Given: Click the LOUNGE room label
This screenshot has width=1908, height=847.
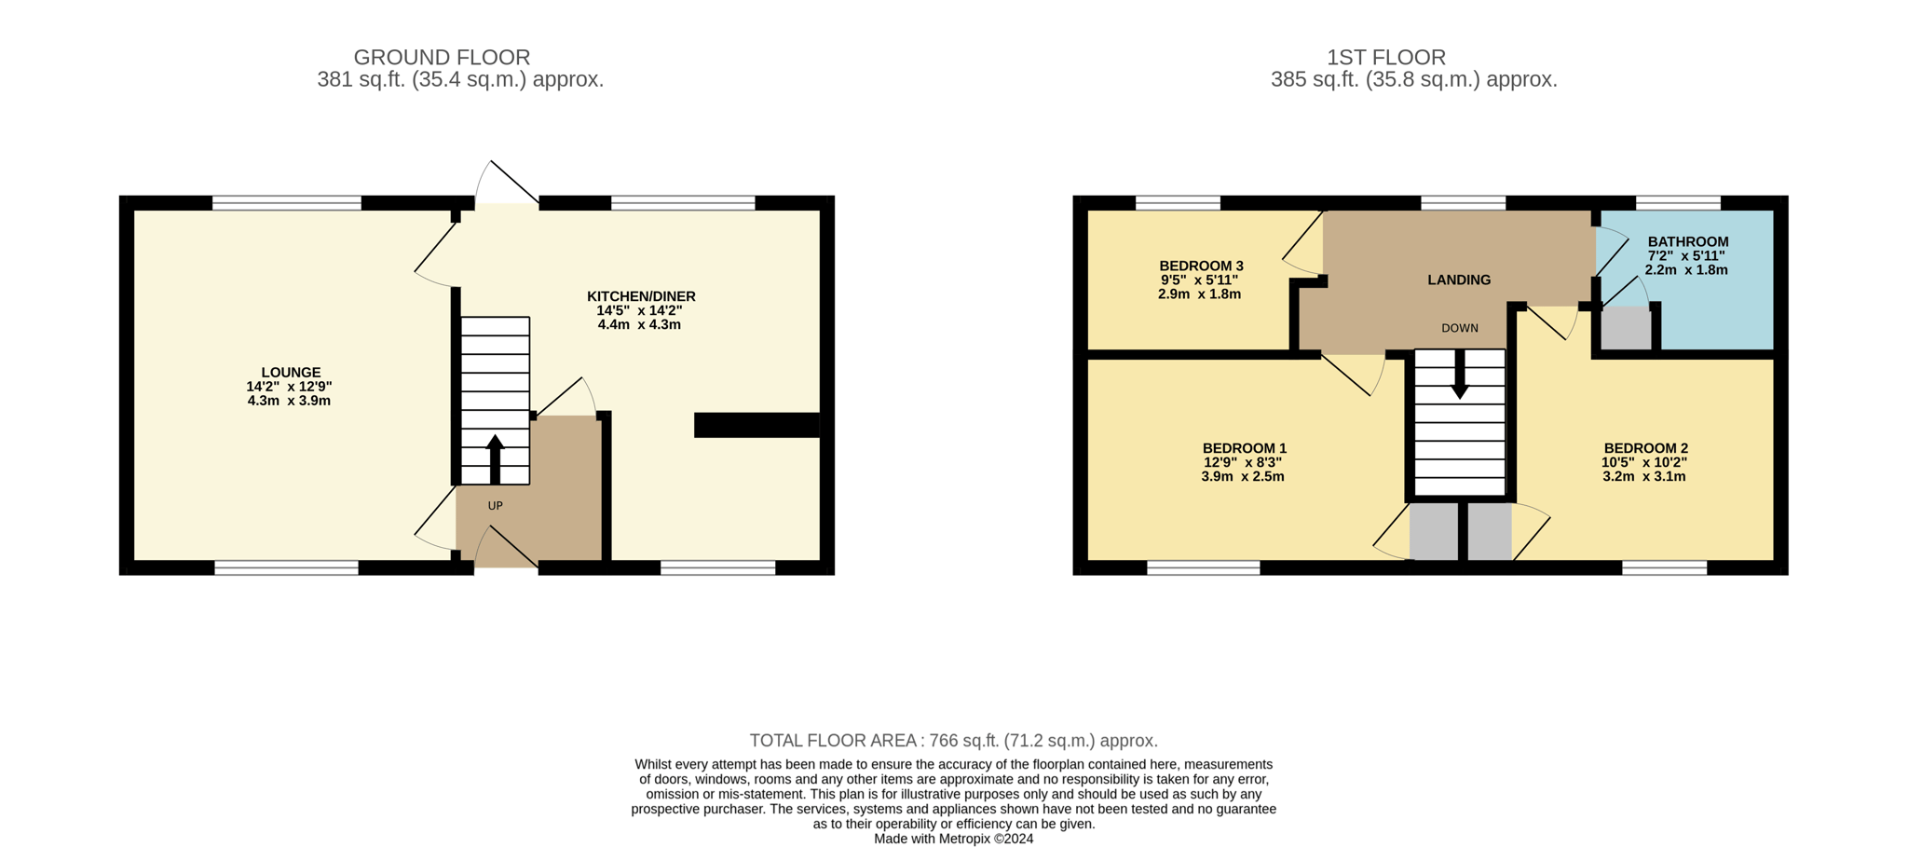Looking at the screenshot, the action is [x=291, y=373].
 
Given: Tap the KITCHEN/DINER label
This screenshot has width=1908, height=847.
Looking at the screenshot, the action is [x=641, y=296].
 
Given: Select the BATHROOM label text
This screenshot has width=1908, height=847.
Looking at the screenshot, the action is [x=1687, y=241].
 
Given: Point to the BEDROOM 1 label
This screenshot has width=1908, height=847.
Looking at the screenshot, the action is [x=1244, y=448].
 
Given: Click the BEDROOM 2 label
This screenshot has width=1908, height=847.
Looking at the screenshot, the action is [x=1645, y=448].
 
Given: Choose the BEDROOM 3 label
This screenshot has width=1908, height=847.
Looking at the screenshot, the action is [x=1201, y=266].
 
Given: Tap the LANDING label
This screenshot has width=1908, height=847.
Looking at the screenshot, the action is [x=1459, y=280].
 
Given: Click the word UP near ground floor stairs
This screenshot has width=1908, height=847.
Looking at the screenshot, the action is [x=495, y=506].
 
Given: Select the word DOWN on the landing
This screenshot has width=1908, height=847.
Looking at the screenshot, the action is [x=1459, y=328].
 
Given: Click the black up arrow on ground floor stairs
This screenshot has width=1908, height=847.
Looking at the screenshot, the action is [x=495, y=458].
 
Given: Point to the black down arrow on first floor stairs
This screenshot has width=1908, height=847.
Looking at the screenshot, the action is [x=1460, y=375].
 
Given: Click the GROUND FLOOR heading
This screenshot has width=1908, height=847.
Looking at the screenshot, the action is [x=442, y=58].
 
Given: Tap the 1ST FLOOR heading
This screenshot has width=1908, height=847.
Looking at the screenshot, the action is [x=1386, y=58].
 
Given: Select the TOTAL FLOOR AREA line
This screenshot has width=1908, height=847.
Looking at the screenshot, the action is [x=954, y=741].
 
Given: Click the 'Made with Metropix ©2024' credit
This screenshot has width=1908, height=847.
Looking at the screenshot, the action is [x=953, y=839].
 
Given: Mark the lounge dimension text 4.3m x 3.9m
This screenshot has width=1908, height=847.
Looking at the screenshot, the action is [x=289, y=401].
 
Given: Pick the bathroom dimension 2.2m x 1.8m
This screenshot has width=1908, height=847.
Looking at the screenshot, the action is [x=1686, y=270].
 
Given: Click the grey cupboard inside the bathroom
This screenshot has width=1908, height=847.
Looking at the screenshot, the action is [x=1626, y=330].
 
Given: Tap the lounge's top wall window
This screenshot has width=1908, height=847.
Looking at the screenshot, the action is [x=286, y=203].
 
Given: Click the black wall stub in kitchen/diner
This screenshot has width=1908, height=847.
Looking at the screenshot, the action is [x=756, y=425].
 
